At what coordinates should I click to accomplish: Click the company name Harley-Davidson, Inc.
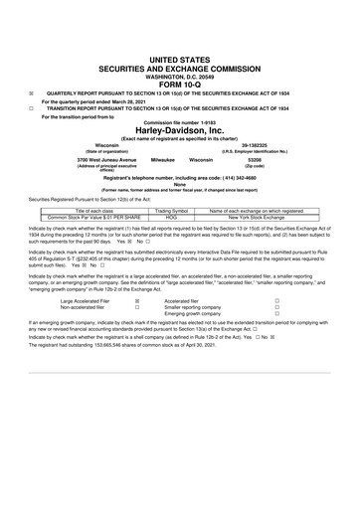(x=180, y=131)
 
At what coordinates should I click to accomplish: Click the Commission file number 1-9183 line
(x=180, y=121)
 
